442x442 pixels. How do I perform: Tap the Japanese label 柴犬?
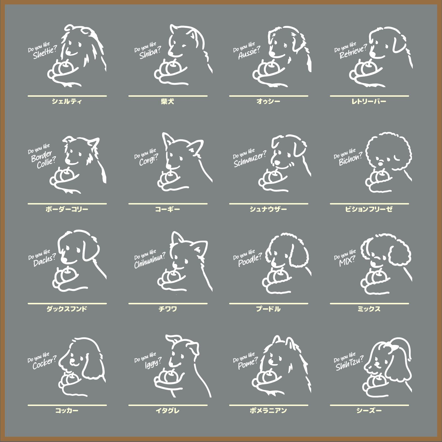point(167,102)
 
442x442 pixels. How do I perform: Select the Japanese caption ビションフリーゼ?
point(369,209)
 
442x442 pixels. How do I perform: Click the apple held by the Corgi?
point(171,177)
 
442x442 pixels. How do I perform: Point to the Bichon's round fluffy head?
point(388,153)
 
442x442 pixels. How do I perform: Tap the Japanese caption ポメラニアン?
point(268,410)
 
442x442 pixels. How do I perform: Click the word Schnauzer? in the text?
point(250,159)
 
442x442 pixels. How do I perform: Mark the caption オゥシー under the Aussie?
point(268,102)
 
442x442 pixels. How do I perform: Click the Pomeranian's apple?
point(268,377)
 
